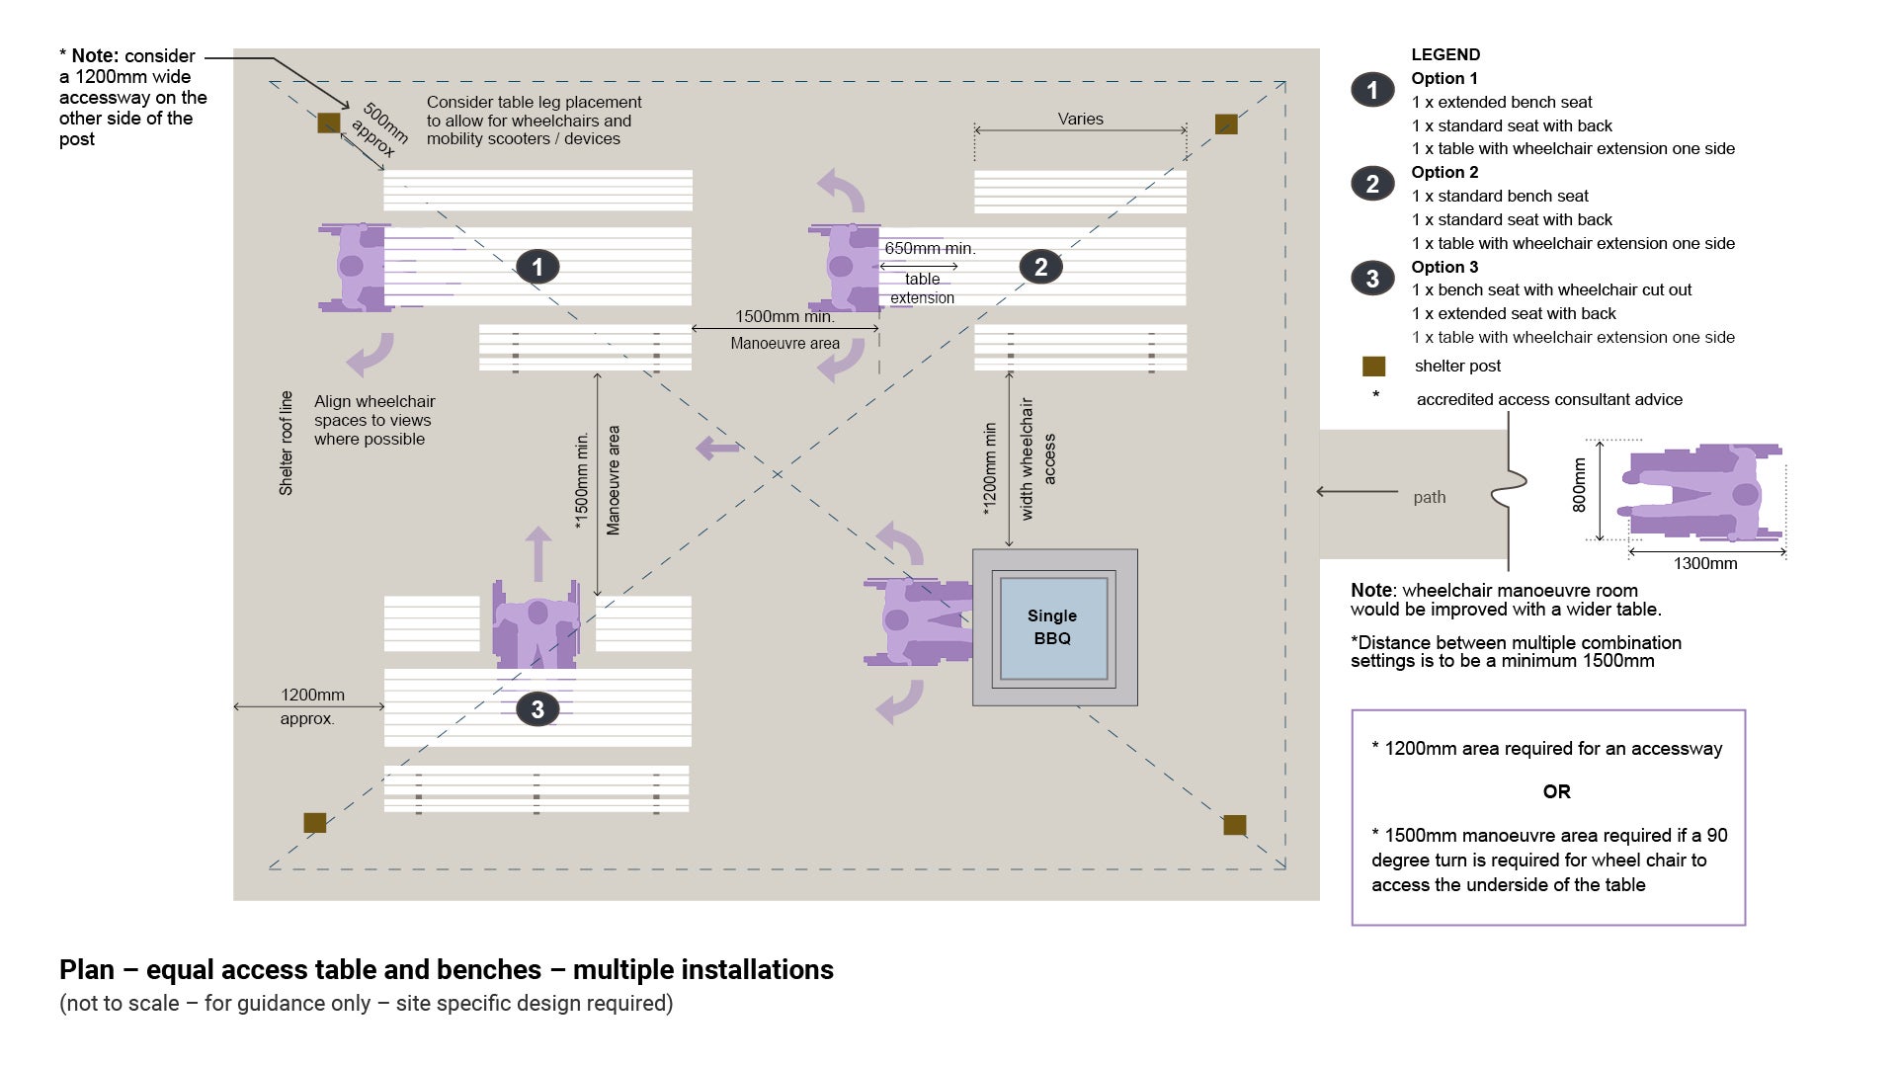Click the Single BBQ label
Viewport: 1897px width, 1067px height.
[x=1052, y=626]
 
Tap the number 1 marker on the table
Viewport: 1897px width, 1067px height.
[x=537, y=267]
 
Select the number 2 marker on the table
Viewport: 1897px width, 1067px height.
[x=1040, y=267]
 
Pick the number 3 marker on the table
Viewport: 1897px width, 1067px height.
[x=537, y=708]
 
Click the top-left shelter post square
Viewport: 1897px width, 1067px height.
[x=329, y=123]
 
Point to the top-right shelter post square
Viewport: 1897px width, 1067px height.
[x=1226, y=123]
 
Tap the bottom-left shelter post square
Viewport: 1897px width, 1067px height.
[x=314, y=822]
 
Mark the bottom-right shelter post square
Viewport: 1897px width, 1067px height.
[x=1234, y=825]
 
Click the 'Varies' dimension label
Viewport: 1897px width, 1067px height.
[x=1080, y=119]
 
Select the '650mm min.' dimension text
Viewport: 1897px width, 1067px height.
[x=930, y=249]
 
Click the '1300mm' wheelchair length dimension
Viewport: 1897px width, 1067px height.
[x=1704, y=563]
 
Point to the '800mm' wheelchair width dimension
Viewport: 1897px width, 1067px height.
[x=1579, y=485]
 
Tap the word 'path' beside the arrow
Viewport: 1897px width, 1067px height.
[x=1429, y=497]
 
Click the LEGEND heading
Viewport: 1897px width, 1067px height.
[x=1445, y=54]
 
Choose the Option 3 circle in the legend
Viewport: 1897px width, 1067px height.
[x=1372, y=279]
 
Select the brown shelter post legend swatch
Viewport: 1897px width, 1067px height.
[x=1373, y=367]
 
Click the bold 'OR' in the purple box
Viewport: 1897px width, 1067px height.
[x=1556, y=791]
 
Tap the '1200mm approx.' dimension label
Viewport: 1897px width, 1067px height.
[x=310, y=706]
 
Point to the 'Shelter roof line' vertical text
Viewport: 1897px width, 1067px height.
[x=287, y=443]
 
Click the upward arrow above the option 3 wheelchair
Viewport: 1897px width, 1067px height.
[x=537, y=552]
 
